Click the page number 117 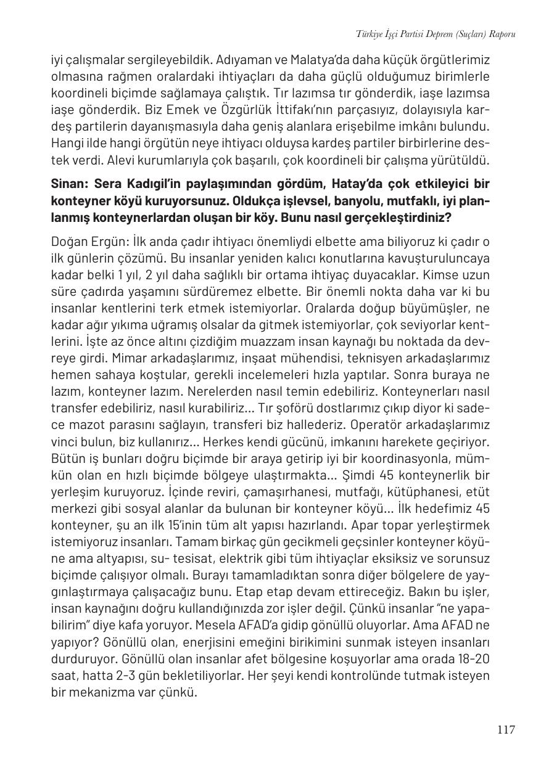click(x=505, y=730)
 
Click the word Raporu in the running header click(x=501, y=34)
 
